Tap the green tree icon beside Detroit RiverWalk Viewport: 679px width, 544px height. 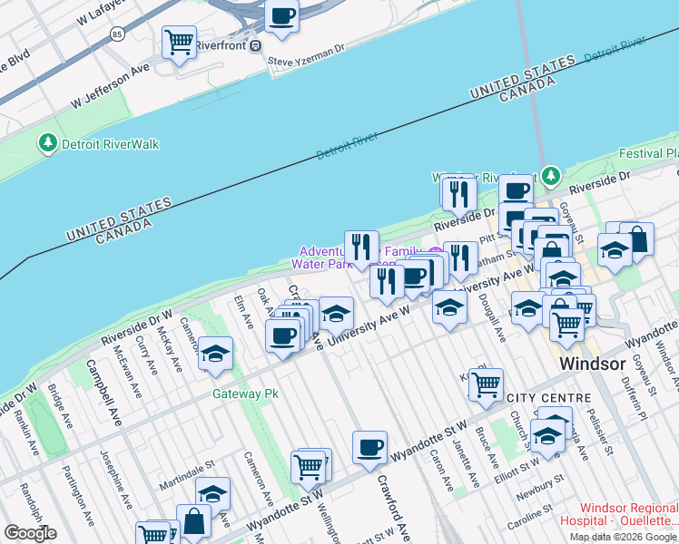coord(47,143)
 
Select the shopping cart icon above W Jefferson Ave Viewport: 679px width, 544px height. coord(180,41)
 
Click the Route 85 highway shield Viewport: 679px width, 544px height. coord(117,34)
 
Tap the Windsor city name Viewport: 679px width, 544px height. coord(594,364)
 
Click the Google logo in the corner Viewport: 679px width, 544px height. coord(30,533)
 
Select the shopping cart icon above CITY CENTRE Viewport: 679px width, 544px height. coord(486,384)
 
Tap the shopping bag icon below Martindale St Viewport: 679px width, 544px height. coord(194,520)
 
